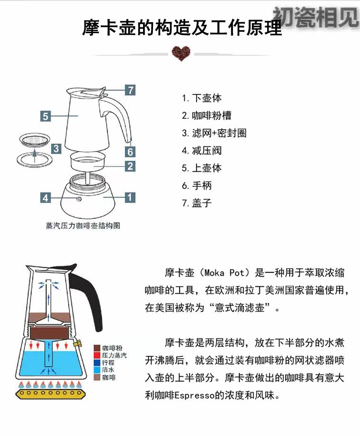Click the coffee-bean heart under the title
pos(180,53)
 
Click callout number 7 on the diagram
pos(130,90)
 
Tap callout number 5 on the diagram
pos(45,116)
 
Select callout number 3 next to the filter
pos(56,148)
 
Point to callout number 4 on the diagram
pos(45,198)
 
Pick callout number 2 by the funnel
pos(130,166)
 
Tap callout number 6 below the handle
pos(130,152)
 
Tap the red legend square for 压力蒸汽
pos(97,355)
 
